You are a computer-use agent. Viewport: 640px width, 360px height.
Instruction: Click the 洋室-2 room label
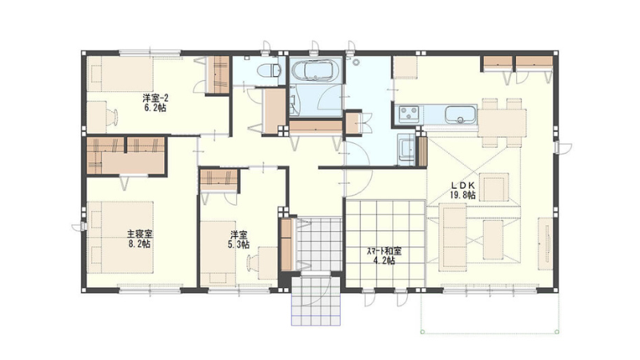click(x=155, y=98)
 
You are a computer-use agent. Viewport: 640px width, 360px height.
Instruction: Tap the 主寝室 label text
click(x=139, y=234)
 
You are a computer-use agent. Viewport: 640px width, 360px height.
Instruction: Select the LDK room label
click(x=462, y=186)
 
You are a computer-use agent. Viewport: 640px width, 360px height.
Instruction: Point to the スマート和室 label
click(x=384, y=251)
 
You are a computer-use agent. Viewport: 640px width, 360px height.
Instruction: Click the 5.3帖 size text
click(x=238, y=245)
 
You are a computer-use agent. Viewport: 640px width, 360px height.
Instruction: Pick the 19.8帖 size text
click(x=463, y=195)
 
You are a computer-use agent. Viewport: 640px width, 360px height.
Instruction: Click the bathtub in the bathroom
click(x=315, y=70)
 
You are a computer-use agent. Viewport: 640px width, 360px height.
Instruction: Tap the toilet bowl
click(x=269, y=71)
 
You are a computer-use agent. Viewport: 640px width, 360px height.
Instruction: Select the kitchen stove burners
click(x=409, y=114)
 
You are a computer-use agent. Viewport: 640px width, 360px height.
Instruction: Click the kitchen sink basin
click(x=461, y=114)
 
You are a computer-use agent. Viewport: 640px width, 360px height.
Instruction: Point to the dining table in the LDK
click(x=502, y=122)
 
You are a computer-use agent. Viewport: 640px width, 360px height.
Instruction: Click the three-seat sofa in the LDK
click(x=453, y=237)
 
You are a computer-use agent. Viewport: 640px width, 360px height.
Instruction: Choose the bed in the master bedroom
click(x=121, y=237)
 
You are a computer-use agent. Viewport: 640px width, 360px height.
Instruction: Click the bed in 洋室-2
click(x=120, y=74)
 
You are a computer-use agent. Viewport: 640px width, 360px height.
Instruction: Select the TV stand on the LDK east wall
click(x=546, y=244)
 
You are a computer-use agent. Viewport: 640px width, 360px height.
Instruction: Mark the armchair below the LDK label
click(x=494, y=187)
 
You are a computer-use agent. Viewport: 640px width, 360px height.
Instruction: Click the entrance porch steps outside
click(x=315, y=302)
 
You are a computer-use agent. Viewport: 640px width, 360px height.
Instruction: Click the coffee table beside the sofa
click(x=493, y=240)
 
